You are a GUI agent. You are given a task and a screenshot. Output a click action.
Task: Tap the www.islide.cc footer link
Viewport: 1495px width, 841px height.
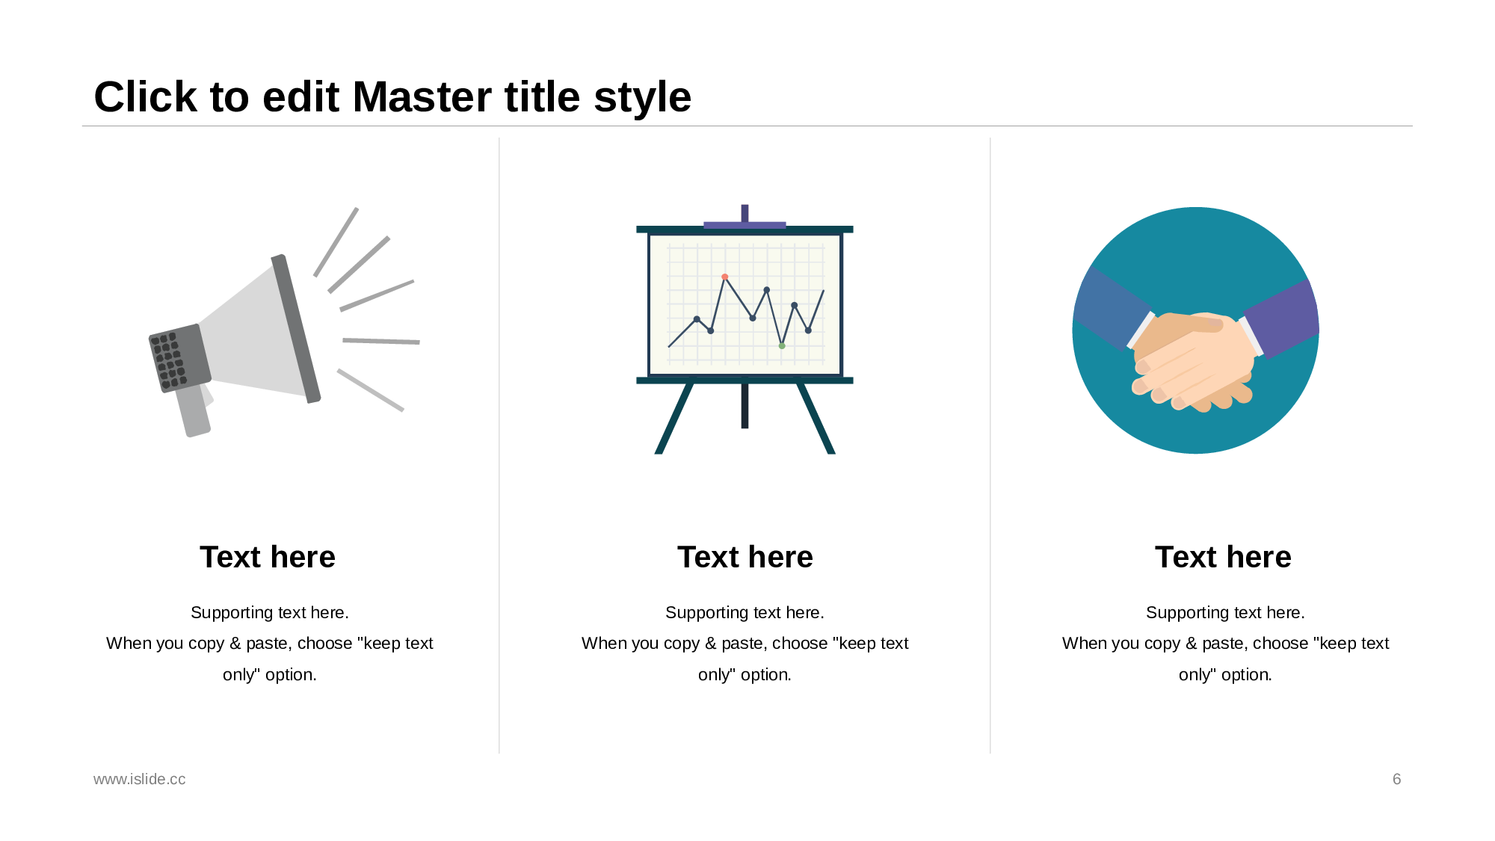tap(139, 779)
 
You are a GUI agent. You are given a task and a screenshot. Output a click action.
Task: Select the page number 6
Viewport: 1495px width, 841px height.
tap(1396, 779)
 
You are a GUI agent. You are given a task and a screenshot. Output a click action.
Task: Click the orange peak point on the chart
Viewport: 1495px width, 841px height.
tap(724, 277)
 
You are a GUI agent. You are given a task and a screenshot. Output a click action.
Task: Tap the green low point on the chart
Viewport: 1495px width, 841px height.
tap(782, 345)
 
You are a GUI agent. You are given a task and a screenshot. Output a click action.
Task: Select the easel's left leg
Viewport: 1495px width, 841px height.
tap(673, 419)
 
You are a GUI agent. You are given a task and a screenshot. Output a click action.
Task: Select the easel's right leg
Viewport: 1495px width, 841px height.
tap(816, 419)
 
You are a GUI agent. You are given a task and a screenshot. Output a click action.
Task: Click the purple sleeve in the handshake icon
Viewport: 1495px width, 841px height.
tap(1280, 318)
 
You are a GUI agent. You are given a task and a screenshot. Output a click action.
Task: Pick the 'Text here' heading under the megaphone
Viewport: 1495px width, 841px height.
tap(268, 557)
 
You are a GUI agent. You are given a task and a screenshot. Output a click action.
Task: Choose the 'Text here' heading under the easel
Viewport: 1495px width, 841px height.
tap(745, 557)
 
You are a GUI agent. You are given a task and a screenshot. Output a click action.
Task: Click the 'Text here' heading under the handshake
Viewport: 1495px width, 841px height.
tap(1223, 557)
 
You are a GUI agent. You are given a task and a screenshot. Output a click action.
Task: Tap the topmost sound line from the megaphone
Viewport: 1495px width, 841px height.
tap(336, 242)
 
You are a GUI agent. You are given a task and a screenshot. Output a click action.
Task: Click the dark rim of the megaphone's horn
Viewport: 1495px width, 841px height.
tap(296, 329)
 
